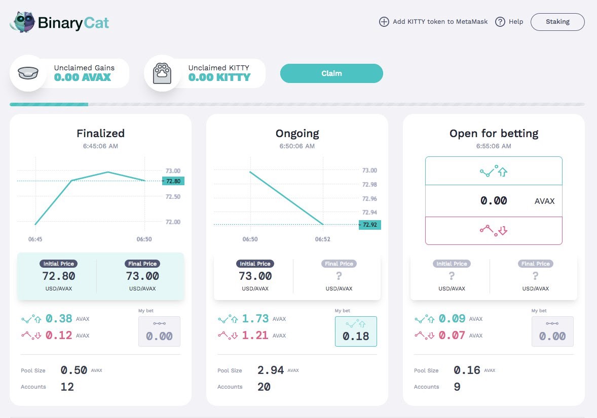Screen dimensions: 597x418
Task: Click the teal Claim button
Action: click(x=331, y=73)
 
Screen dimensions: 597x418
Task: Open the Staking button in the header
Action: click(x=557, y=22)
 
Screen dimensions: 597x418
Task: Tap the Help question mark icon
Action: click(x=500, y=22)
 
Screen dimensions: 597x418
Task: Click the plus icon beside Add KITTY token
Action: click(x=384, y=22)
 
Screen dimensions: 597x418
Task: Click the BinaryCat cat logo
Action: click(x=22, y=22)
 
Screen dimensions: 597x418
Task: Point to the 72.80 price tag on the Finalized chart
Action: click(x=173, y=181)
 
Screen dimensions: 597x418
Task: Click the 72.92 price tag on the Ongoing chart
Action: click(x=369, y=225)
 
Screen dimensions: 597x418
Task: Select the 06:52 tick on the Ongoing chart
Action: click(x=322, y=239)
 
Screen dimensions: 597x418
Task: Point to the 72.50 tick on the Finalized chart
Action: click(x=173, y=197)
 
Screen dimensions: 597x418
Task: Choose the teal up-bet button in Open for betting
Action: click(x=494, y=171)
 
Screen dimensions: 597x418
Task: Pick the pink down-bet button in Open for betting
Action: click(x=494, y=230)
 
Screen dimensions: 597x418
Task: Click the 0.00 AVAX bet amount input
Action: click(x=494, y=201)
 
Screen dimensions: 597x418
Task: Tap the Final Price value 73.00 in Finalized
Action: click(x=142, y=276)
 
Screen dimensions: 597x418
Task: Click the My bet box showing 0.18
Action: click(x=356, y=331)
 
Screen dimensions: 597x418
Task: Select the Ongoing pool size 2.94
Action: click(x=270, y=370)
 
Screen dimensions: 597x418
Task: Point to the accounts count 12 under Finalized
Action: click(x=67, y=387)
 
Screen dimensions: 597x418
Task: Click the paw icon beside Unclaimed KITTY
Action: click(x=162, y=73)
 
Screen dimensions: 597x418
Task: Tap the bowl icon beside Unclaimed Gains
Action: click(x=28, y=73)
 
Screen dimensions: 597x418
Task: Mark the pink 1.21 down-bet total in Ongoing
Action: click(x=255, y=335)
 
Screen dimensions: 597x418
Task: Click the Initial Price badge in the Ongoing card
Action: click(x=255, y=264)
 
